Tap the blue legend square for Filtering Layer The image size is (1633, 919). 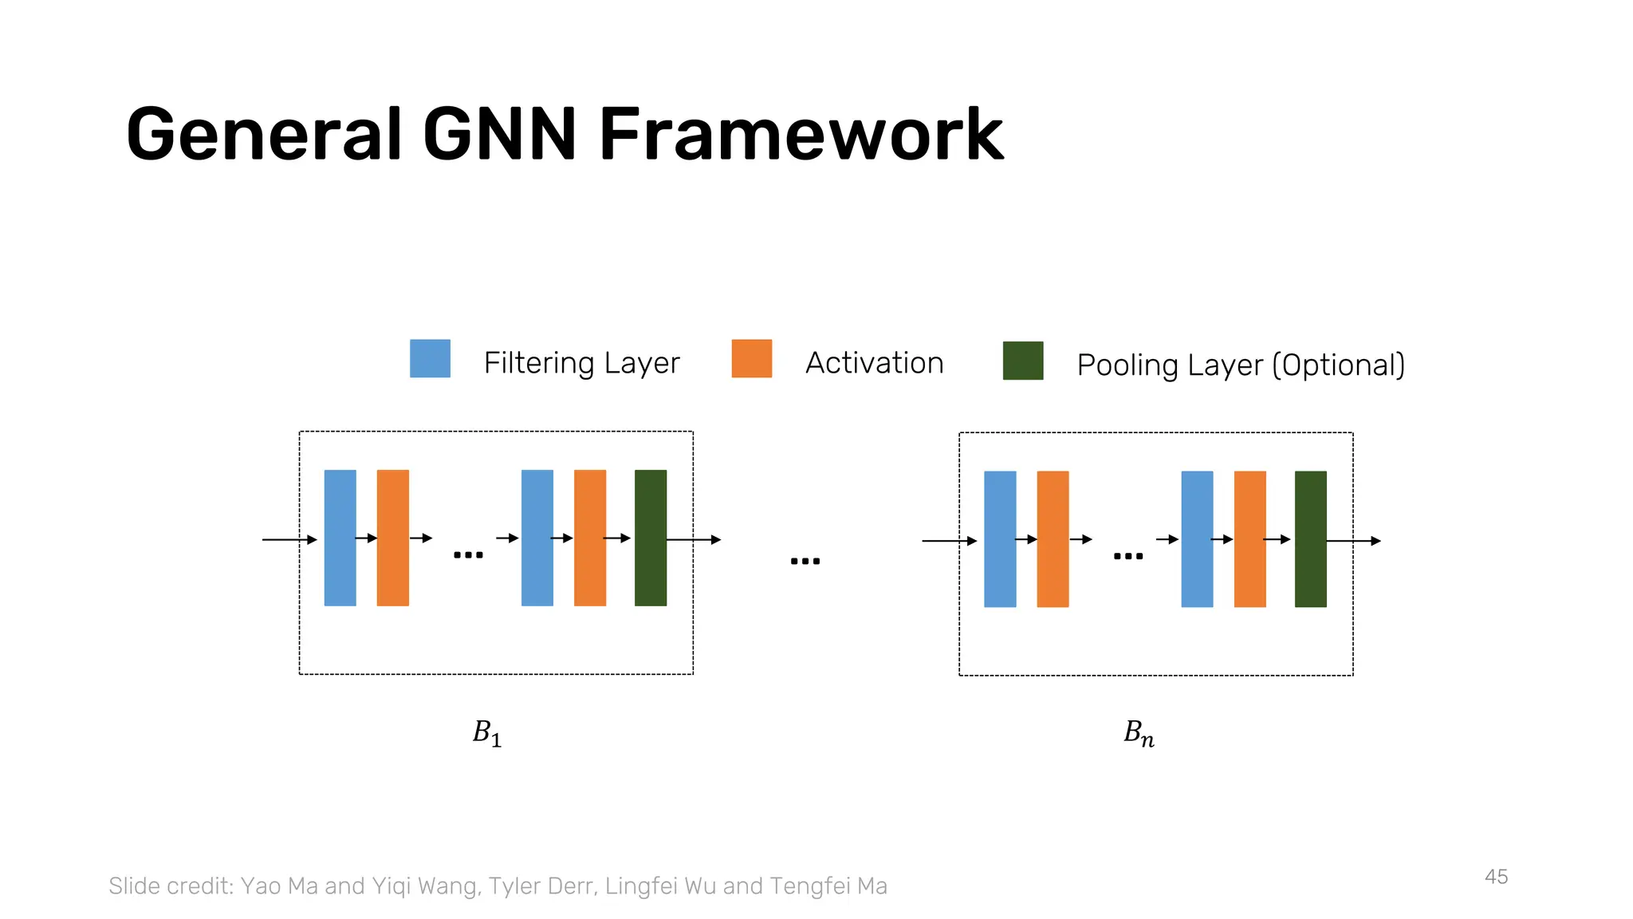[x=430, y=358]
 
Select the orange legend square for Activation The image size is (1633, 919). [x=751, y=358]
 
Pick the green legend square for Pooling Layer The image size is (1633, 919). [x=1022, y=361]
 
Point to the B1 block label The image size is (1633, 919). [x=486, y=733]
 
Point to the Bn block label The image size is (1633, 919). [x=1139, y=733]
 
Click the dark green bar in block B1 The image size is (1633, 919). [x=650, y=538]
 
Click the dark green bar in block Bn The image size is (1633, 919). [x=1310, y=539]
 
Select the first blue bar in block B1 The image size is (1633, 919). [x=340, y=538]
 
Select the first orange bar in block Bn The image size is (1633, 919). [x=1053, y=539]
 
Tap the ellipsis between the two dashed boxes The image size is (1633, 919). [x=805, y=561]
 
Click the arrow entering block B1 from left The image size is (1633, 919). [x=289, y=540]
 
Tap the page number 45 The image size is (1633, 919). [x=1496, y=877]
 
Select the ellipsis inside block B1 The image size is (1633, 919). [x=468, y=554]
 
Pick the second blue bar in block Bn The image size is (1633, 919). [x=1197, y=539]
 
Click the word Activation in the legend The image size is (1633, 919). [x=874, y=363]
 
